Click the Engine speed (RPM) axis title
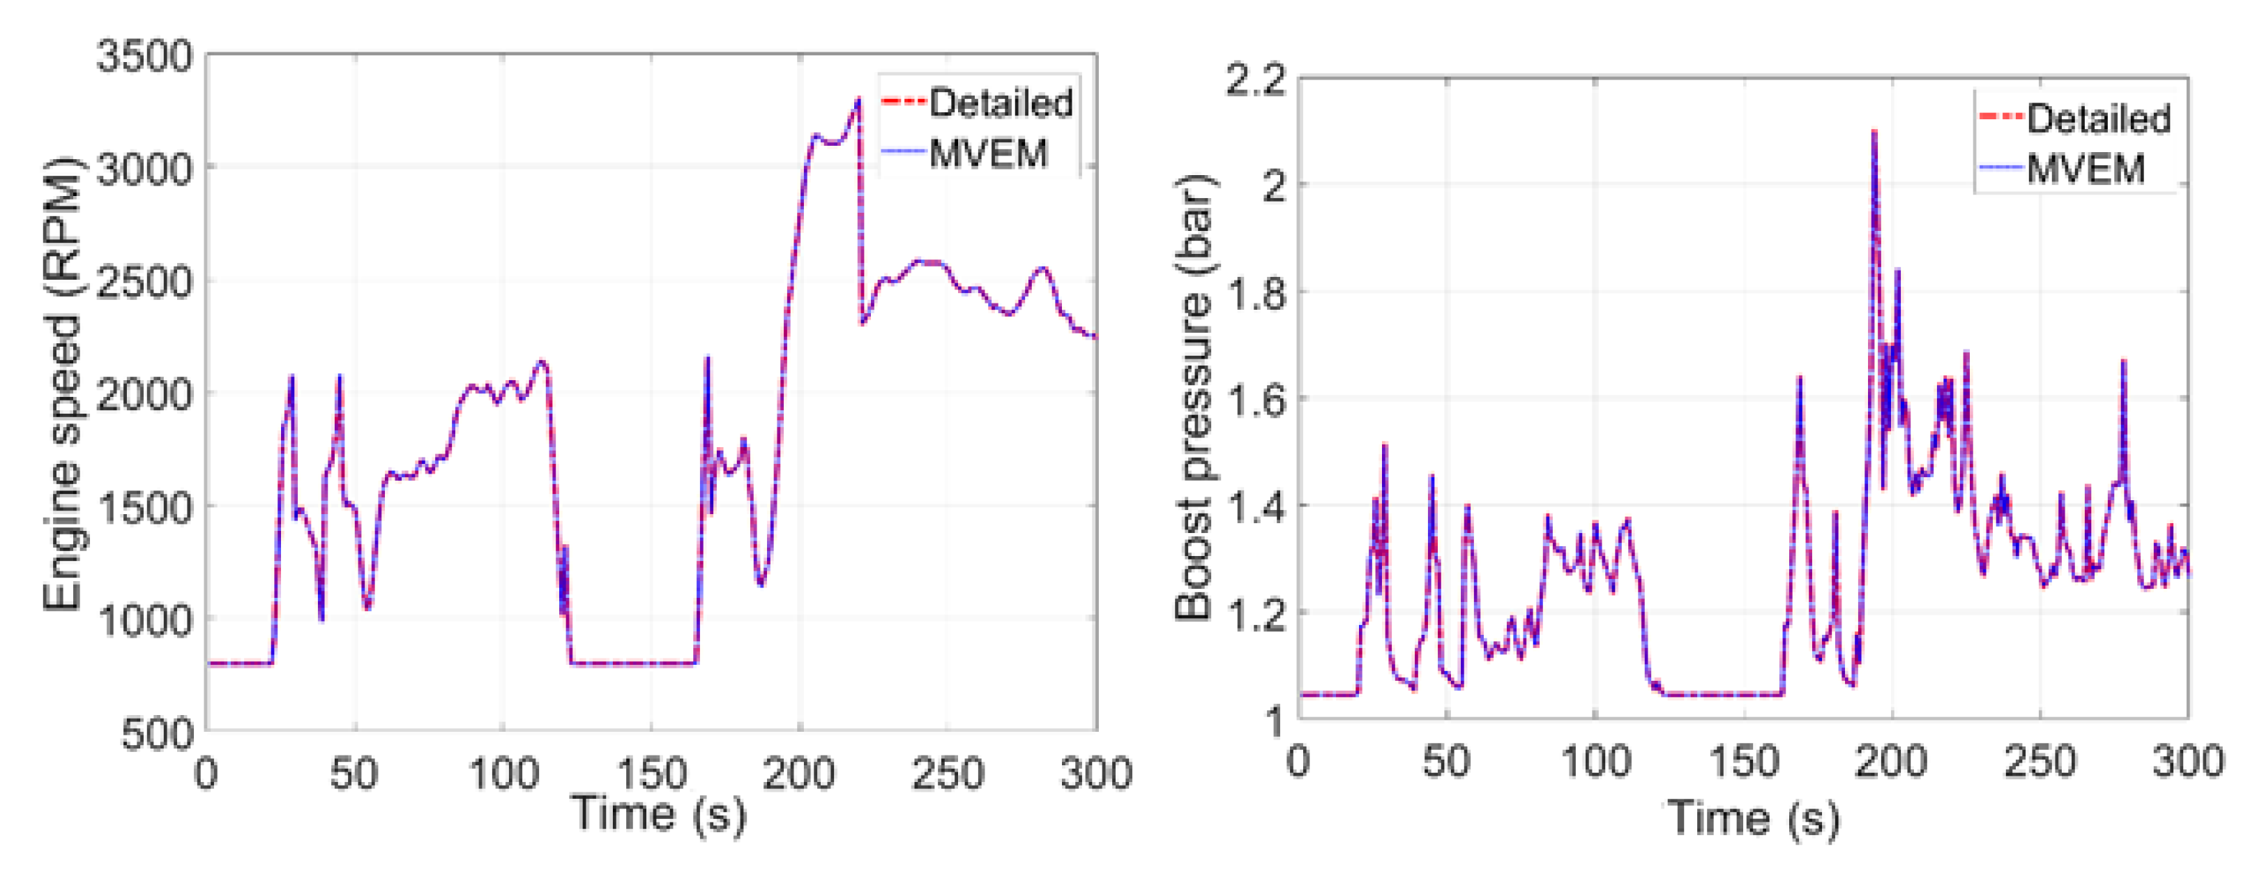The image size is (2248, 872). [x=63, y=384]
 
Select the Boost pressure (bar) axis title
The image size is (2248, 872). [x=1194, y=397]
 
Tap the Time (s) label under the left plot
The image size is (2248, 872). [x=659, y=813]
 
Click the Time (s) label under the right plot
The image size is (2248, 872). [x=1754, y=818]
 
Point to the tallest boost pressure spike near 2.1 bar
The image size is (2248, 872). [x=1874, y=133]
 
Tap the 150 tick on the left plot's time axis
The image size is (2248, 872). [x=651, y=772]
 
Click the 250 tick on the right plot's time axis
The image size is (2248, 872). [x=2040, y=762]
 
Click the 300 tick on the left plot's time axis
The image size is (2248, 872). [x=1095, y=772]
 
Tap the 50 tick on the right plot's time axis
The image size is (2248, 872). [x=1446, y=762]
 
